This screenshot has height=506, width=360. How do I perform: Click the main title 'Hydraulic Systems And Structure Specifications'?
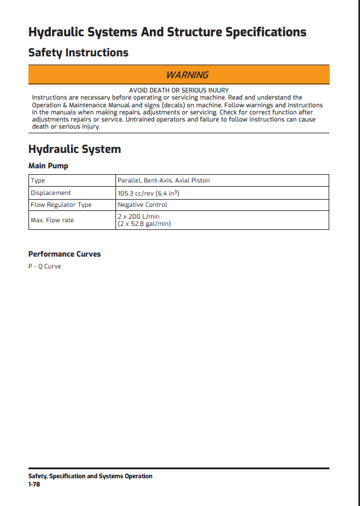coord(168,32)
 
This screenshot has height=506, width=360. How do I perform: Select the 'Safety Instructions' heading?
coord(78,53)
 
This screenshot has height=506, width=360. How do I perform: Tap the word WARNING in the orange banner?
coord(187,75)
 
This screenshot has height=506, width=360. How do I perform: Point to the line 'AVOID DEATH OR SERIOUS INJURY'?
coord(178,90)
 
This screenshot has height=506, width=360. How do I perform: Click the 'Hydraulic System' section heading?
coord(75,149)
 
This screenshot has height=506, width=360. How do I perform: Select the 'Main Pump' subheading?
coord(49,166)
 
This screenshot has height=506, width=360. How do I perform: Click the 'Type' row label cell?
coord(38,180)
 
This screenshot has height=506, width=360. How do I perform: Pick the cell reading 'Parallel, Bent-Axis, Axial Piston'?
coord(163,180)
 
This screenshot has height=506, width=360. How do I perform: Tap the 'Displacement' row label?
coord(51,193)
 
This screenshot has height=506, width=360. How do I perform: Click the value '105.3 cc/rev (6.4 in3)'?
coord(148,193)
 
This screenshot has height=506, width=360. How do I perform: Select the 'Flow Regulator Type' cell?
coord(61,204)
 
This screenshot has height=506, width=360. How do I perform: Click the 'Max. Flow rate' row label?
coord(52,220)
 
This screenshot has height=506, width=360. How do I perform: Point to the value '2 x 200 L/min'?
coord(139,217)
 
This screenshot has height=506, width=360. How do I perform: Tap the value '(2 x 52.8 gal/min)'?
coord(144,224)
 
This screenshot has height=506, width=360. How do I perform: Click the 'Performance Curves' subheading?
coord(65,254)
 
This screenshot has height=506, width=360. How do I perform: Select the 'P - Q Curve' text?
coord(44,266)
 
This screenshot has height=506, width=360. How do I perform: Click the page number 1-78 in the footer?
coord(34,484)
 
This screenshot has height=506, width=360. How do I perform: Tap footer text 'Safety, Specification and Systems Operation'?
coord(90,476)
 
